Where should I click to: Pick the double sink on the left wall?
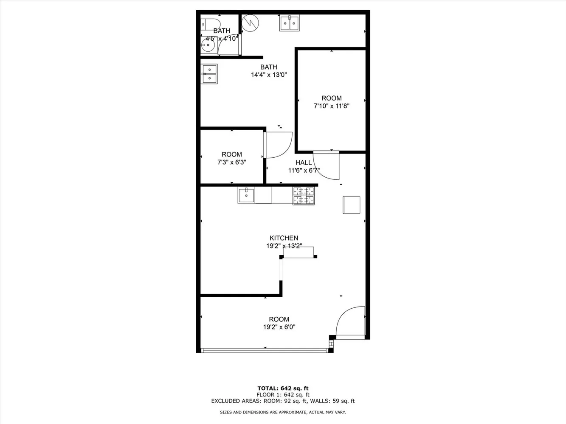pyautogui.click(x=209, y=74)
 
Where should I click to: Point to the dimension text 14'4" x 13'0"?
pyautogui.click(x=269, y=75)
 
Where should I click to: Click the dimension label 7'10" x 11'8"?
pyautogui.click(x=331, y=106)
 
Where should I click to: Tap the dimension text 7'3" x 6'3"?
pyautogui.click(x=231, y=162)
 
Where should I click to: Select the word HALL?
pyautogui.click(x=304, y=163)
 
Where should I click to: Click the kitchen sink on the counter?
pyautogui.click(x=246, y=195)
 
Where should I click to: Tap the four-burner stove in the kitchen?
pyautogui.click(x=304, y=196)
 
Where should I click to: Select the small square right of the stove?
pyautogui.click(x=352, y=205)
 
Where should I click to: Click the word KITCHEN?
pyautogui.click(x=284, y=238)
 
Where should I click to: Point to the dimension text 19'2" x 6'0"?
pyautogui.click(x=279, y=327)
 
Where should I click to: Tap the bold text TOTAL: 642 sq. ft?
pyautogui.click(x=283, y=388)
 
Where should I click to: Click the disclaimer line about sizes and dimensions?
pyautogui.click(x=283, y=412)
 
